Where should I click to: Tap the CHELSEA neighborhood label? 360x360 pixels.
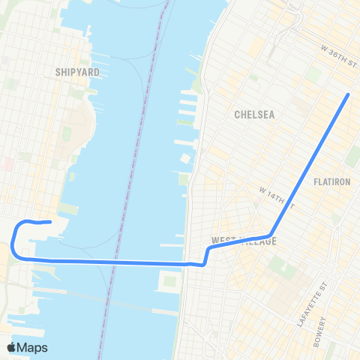click(x=254, y=115)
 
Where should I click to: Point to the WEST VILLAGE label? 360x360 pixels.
click(x=244, y=241)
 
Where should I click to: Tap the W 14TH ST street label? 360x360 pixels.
click(x=274, y=196)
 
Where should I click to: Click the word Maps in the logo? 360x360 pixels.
click(x=34, y=347)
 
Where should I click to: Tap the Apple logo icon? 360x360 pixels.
click(x=13, y=346)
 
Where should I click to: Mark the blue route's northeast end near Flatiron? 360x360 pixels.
click(x=349, y=95)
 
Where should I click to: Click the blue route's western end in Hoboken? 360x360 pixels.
click(x=49, y=221)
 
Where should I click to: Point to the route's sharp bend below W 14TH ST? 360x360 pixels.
click(x=269, y=235)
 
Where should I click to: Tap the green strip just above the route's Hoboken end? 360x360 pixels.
click(x=67, y=208)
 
